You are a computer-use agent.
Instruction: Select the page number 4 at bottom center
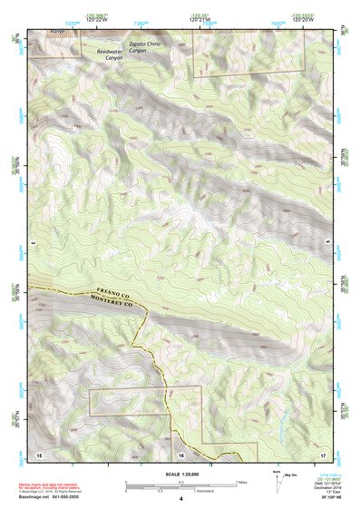click(180, 498)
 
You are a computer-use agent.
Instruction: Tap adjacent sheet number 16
click(180, 451)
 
